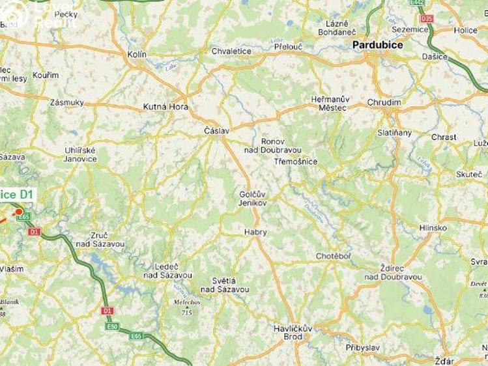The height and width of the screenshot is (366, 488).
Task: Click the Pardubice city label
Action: point(377,46)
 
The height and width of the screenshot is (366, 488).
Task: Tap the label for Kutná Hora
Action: point(165,107)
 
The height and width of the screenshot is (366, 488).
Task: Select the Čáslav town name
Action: point(217,131)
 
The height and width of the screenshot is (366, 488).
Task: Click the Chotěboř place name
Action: point(333,256)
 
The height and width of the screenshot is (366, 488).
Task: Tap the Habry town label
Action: point(255,232)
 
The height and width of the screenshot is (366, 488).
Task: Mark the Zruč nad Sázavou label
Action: point(100,240)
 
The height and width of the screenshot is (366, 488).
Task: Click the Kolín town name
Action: point(137,55)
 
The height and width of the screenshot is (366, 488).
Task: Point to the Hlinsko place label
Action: point(433,228)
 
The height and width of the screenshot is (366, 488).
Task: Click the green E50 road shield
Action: point(113,326)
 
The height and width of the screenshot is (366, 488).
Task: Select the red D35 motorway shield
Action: point(427,18)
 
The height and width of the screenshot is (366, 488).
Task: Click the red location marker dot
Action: point(19,211)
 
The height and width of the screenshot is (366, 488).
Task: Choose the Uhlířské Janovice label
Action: point(80,154)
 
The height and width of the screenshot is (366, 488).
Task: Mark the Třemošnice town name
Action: point(295,161)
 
